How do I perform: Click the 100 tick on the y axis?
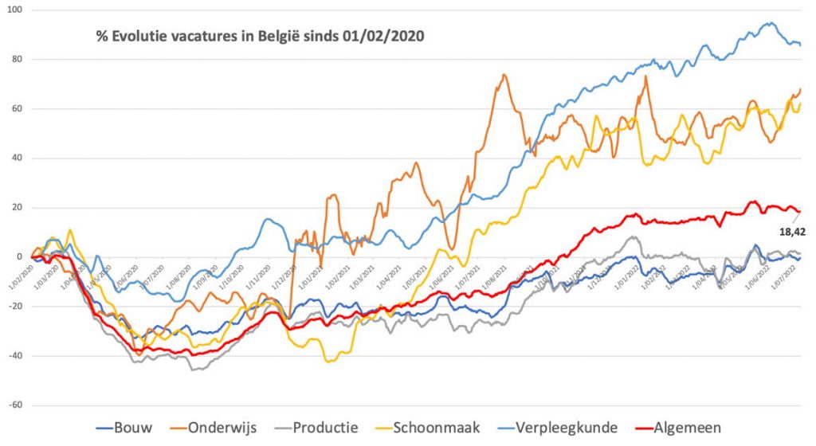(14, 10)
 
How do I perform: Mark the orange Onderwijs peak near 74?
(504, 75)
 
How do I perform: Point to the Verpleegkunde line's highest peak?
(771, 23)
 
